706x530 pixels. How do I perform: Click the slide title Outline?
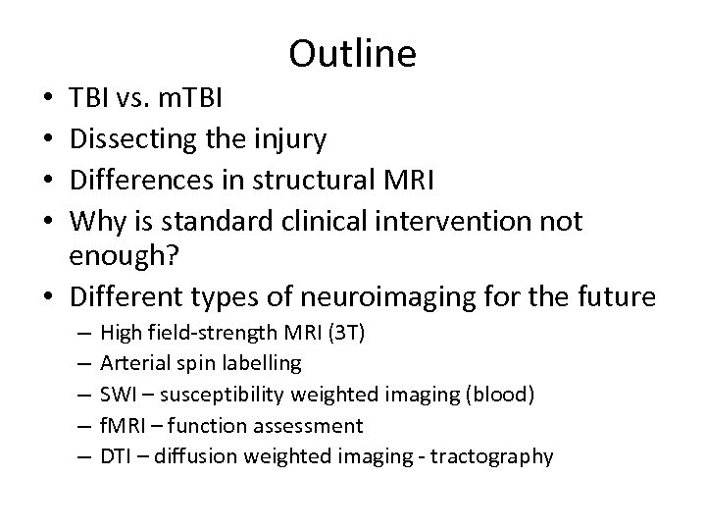coord(353,54)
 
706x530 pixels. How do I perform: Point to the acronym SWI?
coord(118,395)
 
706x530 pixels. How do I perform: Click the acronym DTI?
coord(117,457)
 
